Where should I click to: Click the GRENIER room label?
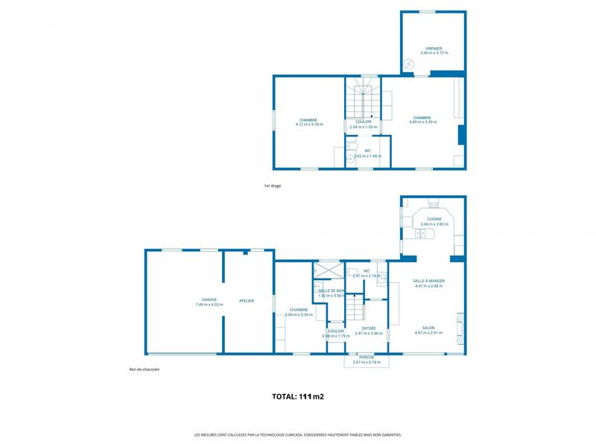pos(434,48)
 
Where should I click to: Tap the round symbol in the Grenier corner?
pos(408,64)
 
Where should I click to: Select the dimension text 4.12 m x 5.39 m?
pos(308,124)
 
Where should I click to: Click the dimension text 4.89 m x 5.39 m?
pos(422,121)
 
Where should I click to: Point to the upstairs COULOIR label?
pos(363,121)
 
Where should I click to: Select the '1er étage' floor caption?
pos(273,186)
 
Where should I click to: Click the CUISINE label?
pos(434,219)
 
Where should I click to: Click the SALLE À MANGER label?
pos(428,281)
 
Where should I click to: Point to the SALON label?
pos(428,328)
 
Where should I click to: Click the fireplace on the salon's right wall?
pos(460,325)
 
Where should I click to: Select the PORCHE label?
pos(366,357)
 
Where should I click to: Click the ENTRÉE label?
pos(368,329)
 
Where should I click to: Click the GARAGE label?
pos(199,300)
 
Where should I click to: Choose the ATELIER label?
pos(246,301)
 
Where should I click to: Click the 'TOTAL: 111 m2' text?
pos(298,397)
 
